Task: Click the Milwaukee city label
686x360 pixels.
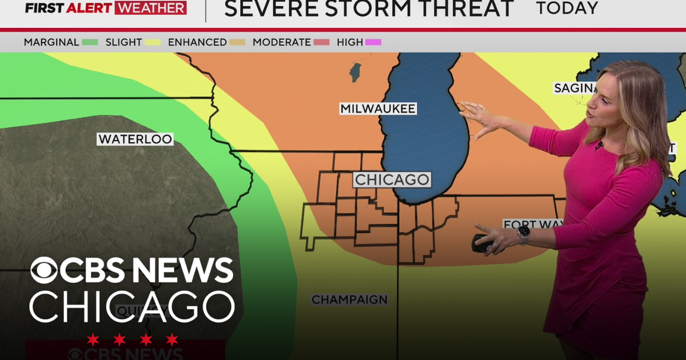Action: point(378,109)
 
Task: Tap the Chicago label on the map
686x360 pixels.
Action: point(392,179)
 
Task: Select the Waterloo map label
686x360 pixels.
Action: point(135,139)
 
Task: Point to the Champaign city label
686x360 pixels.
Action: point(349,299)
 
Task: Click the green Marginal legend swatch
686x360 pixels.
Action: point(90,42)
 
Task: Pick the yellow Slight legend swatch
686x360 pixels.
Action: point(153,42)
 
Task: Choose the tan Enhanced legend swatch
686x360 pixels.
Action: point(237,42)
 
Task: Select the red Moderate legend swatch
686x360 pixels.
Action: point(322,42)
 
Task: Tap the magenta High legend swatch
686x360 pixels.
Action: point(373,42)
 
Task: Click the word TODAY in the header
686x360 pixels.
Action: point(567,9)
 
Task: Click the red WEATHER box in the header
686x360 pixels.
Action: point(150,8)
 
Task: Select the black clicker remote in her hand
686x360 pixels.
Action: point(482,243)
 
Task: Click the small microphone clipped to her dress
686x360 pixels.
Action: point(599,146)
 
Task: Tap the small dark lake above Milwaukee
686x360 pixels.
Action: point(356,73)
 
